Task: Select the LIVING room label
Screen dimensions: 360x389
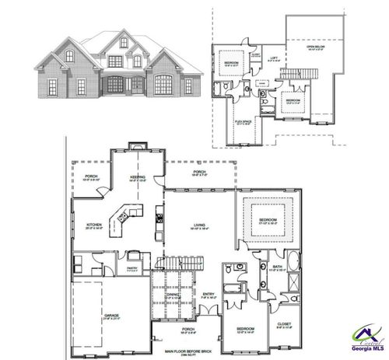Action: (x=200, y=225)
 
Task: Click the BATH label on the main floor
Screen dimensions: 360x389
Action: (x=279, y=266)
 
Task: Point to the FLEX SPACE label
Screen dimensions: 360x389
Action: (x=243, y=121)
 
